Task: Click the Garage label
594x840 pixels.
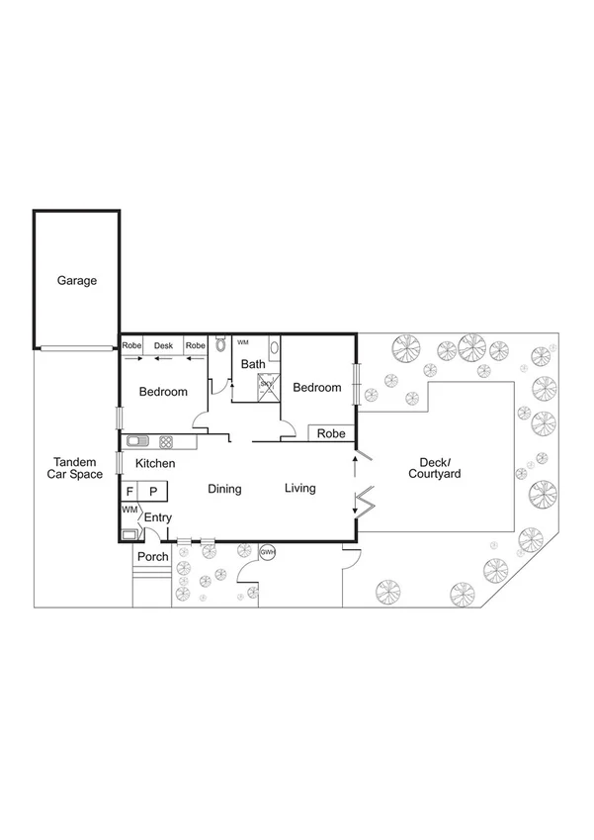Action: (x=76, y=281)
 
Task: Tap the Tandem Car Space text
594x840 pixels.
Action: (x=75, y=469)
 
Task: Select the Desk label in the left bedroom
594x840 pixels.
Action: (x=163, y=345)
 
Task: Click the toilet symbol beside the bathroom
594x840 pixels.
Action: (x=220, y=345)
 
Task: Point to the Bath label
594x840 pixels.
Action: (x=253, y=364)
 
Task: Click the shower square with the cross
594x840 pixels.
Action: (x=266, y=387)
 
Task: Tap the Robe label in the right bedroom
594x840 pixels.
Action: (x=331, y=433)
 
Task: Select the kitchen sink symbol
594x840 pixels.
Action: (x=136, y=441)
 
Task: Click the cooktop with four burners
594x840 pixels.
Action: (x=165, y=441)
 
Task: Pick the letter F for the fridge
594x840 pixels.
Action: (x=129, y=491)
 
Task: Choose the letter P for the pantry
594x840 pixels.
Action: (x=153, y=491)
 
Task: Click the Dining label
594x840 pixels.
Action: (x=224, y=489)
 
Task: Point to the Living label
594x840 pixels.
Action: (x=299, y=488)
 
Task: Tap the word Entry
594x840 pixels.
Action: (x=158, y=517)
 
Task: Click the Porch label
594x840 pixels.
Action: (x=152, y=557)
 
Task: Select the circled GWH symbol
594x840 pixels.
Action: (x=267, y=551)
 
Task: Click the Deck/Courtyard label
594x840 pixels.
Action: (x=435, y=468)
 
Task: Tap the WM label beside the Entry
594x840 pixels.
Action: (x=128, y=509)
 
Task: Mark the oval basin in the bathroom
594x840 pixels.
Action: (x=274, y=347)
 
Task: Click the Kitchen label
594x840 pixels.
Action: (x=155, y=463)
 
